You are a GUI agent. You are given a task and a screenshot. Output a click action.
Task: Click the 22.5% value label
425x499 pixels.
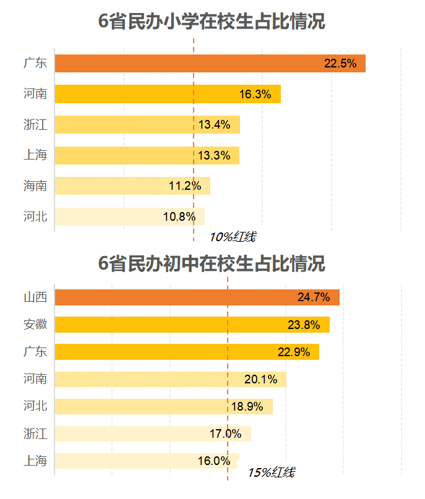[x=340, y=64]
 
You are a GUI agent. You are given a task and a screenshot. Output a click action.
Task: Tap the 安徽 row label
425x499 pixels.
[x=35, y=325]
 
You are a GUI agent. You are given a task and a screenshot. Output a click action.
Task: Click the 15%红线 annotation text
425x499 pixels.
[x=271, y=473]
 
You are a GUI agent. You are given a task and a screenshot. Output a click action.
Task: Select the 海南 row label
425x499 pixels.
[x=35, y=186]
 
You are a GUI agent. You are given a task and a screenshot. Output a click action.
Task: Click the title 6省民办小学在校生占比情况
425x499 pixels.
[x=212, y=22]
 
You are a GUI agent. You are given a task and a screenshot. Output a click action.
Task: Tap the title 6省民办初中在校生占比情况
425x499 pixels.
[x=212, y=264]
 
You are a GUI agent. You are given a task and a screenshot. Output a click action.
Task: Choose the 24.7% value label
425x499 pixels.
[x=314, y=297]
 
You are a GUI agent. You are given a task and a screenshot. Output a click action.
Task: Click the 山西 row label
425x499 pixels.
[x=35, y=297]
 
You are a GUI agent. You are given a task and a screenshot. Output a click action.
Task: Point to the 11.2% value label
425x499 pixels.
[x=185, y=186]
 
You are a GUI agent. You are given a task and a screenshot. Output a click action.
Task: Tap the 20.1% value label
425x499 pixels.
[x=260, y=379]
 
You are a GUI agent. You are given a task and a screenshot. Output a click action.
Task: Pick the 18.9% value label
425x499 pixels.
[x=247, y=406]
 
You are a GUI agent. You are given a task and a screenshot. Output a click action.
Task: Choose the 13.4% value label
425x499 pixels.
[x=214, y=125]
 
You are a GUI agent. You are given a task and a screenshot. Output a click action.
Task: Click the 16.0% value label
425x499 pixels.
[x=213, y=461]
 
